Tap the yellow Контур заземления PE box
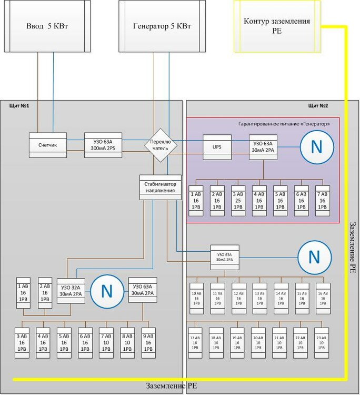pos(277,26)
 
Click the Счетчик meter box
pos(47,145)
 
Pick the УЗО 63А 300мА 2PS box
pos(103,145)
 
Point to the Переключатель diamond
pos(161,145)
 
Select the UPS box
pos(217,147)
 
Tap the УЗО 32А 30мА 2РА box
pos(71,290)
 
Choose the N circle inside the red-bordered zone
pos(316,146)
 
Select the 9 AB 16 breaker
pos(148,343)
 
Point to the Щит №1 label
pos(19,106)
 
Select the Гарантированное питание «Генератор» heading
pos(284,124)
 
